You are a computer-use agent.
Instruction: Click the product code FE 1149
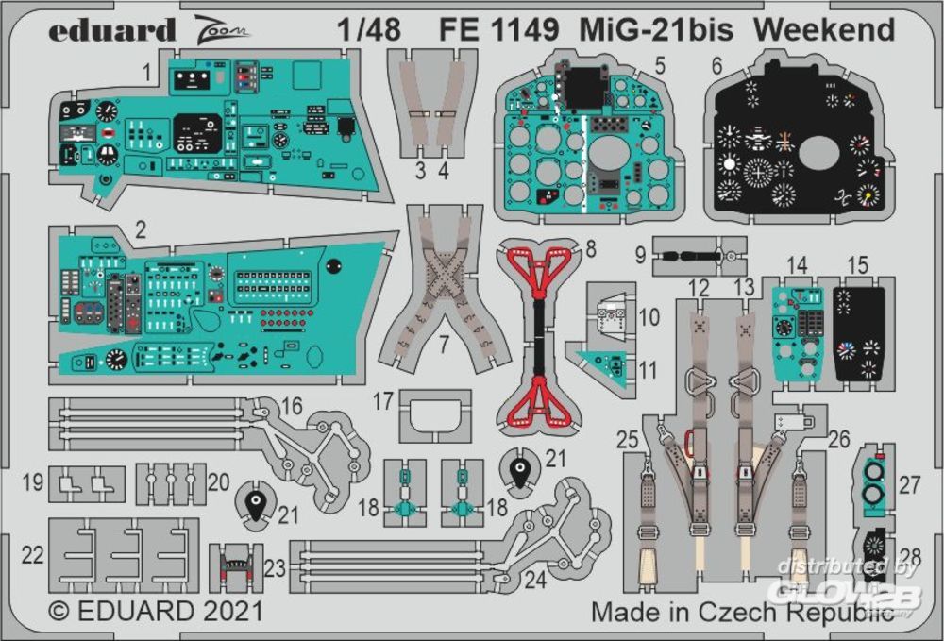click(497, 30)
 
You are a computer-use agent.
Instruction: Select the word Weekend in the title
click(824, 30)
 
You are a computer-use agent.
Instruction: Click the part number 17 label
click(382, 401)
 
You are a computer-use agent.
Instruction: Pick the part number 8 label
click(591, 249)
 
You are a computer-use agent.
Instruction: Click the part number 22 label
click(33, 555)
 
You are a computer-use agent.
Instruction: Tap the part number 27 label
click(909, 485)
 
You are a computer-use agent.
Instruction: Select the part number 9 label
click(640, 254)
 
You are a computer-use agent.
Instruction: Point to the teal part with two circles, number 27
click(876, 481)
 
